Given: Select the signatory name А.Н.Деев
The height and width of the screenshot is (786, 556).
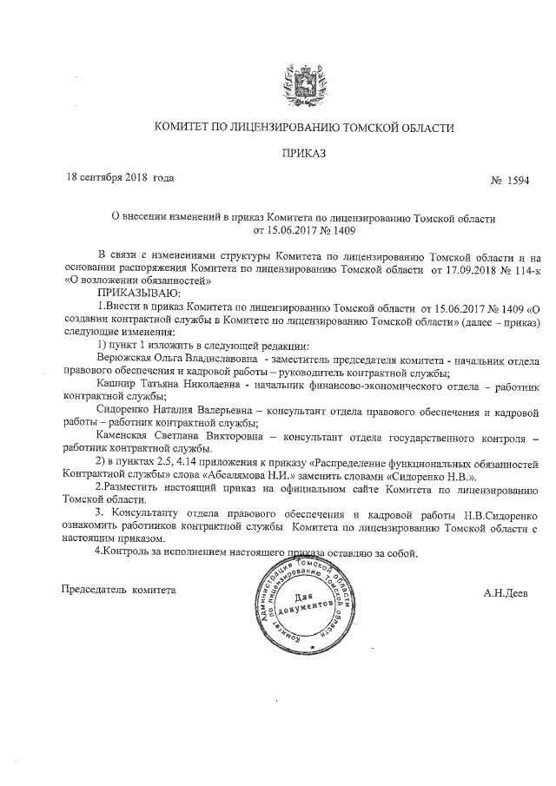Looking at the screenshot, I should [x=507, y=592].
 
